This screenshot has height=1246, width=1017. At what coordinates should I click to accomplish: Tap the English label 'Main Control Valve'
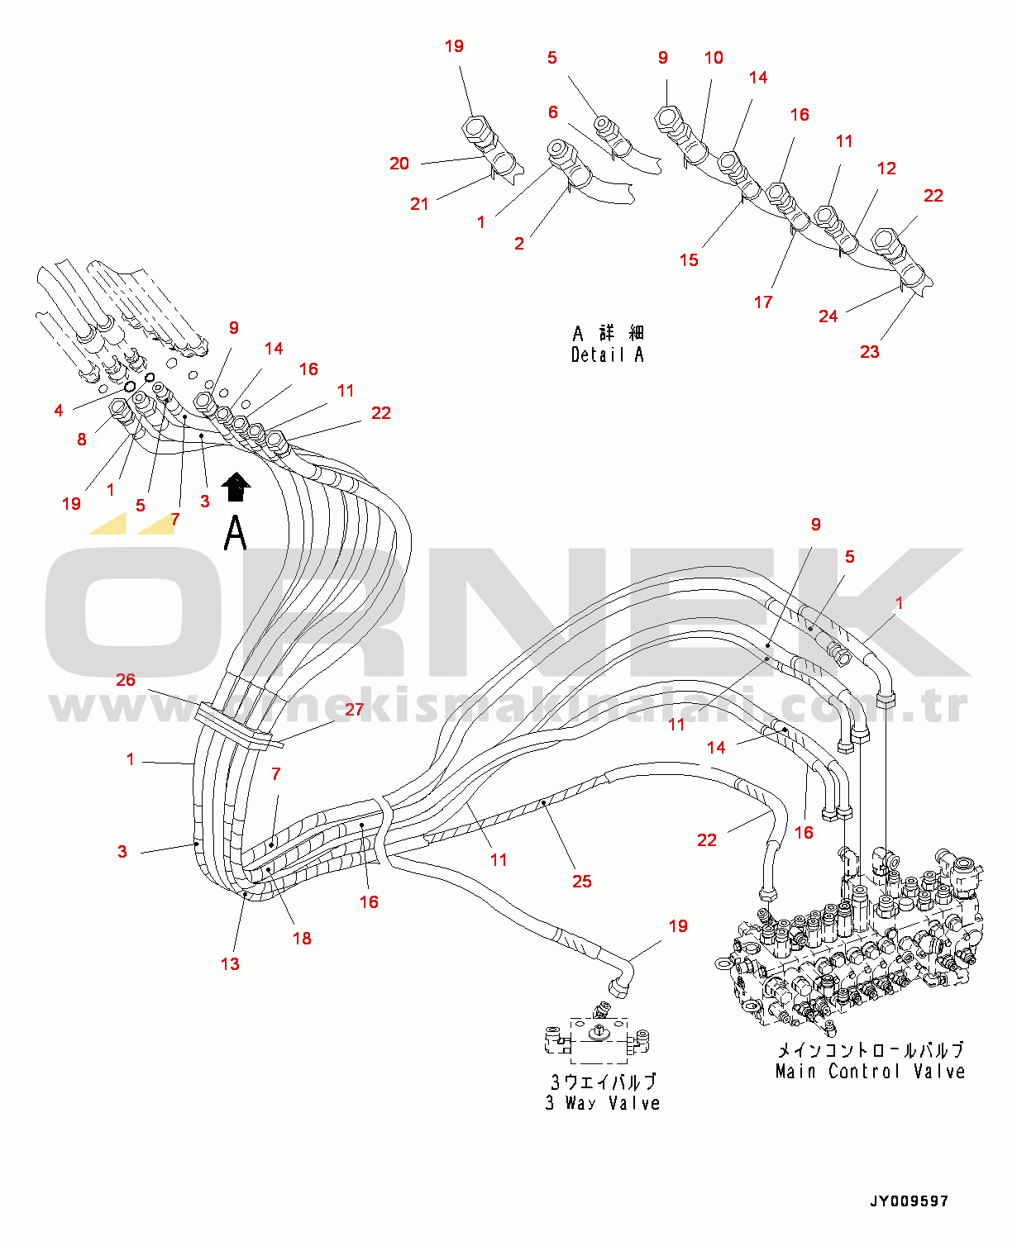pyautogui.click(x=870, y=1071)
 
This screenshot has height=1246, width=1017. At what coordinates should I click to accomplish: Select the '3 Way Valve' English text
pyautogui.click(x=603, y=1102)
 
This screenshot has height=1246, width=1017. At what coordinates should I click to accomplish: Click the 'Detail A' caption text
pyautogui.click(x=607, y=354)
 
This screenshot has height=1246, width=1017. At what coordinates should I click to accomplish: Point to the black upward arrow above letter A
pyautogui.click(x=236, y=486)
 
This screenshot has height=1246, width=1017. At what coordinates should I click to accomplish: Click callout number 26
pyautogui.click(x=126, y=679)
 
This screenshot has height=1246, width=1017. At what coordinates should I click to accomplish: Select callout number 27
pyautogui.click(x=354, y=709)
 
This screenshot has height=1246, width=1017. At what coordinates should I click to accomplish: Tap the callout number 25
pyautogui.click(x=582, y=881)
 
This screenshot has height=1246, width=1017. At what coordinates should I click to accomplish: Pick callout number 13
pyautogui.click(x=230, y=963)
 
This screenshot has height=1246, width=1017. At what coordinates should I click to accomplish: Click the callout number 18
pyautogui.click(x=302, y=938)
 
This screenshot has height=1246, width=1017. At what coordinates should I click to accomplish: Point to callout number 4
pyautogui.click(x=59, y=410)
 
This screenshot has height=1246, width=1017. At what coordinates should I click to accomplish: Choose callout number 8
pyautogui.click(x=82, y=439)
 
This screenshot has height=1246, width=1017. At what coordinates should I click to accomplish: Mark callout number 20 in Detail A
pyautogui.click(x=399, y=163)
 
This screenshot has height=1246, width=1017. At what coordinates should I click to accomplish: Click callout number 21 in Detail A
pyautogui.click(x=419, y=204)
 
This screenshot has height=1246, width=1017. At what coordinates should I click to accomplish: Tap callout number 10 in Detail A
pyautogui.click(x=714, y=57)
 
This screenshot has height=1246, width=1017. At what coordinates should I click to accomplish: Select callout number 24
pyautogui.click(x=828, y=316)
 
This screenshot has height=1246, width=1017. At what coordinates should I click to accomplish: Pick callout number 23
pyautogui.click(x=869, y=351)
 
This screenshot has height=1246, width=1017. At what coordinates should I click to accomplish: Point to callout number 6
pyautogui.click(x=553, y=112)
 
